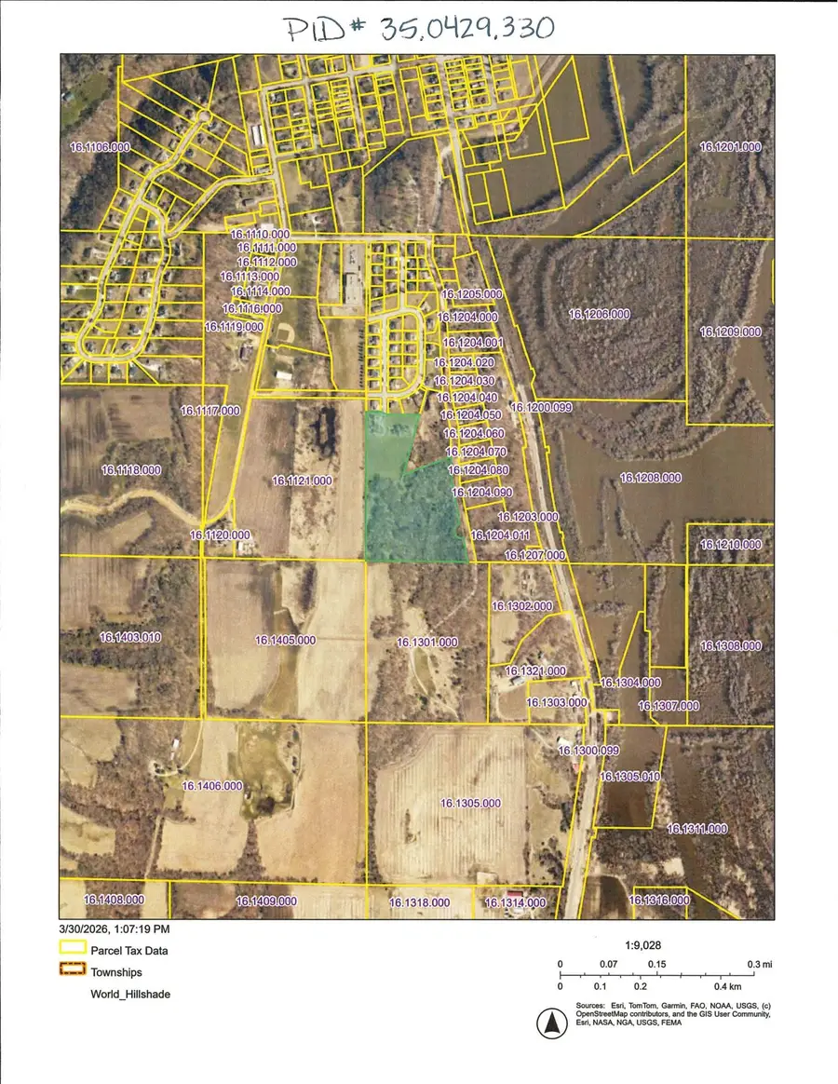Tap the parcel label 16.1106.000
point(100,147)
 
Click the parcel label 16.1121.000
point(302,481)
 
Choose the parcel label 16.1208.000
point(651,478)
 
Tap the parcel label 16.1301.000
point(427,642)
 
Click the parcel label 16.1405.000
point(286,640)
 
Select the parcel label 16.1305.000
point(470,803)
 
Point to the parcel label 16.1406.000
point(212,786)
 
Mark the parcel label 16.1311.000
point(697,828)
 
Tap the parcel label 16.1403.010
point(130,637)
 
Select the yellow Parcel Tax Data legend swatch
point(72,951)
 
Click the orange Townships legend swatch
point(72,972)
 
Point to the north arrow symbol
point(550,1024)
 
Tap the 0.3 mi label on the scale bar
point(759,964)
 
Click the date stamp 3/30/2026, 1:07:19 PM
point(115,928)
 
